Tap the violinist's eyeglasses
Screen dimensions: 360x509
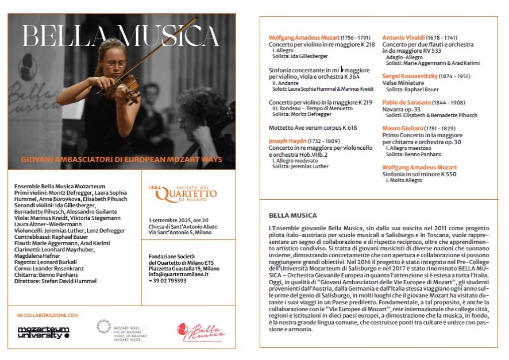pyautogui.click(x=116, y=64)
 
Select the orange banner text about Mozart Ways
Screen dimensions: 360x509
pyautogui.click(x=121, y=159)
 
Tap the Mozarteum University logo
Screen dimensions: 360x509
pyautogui.click(x=43, y=332)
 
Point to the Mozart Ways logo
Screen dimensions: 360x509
pyautogui.click(x=121, y=330)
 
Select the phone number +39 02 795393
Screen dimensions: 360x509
pyautogui.click(x=167, y=281)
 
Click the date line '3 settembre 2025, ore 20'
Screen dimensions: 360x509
pyautogui.click(x=178, y=220)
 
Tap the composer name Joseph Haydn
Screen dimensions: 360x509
pyautogui.click(x=289, y=141)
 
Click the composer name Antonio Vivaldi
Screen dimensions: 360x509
pyautogui.click(x=404, y=37)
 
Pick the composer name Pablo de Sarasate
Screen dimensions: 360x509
pyautogui.click(x=407, y=102)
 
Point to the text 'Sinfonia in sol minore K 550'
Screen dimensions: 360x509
pyautogui.click(x=419, y=173)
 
